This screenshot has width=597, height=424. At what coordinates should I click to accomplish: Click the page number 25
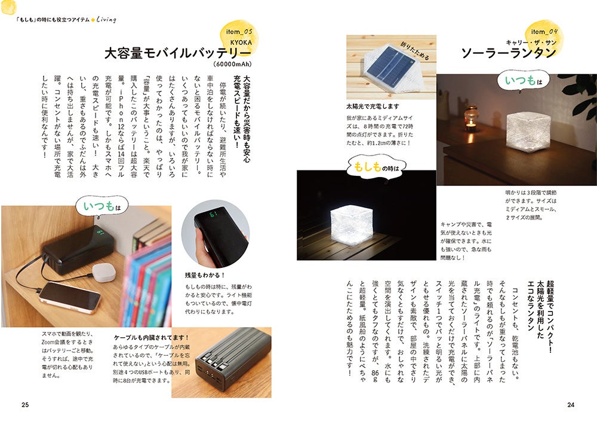click(25, 404)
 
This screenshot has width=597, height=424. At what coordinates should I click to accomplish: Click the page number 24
click(571, 404)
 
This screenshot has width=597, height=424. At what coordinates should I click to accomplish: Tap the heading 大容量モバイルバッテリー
click(178, 53)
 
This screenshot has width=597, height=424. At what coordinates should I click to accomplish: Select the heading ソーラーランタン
click(509, 53)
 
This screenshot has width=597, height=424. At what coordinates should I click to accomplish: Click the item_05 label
click(239, 32)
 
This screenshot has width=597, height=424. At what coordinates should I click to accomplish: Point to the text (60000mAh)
click(232, 64)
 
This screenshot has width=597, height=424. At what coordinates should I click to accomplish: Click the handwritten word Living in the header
click(106, 19)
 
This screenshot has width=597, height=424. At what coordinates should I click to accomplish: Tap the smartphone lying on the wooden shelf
click(70, 297)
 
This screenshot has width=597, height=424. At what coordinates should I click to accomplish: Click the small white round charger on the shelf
click(103, 272)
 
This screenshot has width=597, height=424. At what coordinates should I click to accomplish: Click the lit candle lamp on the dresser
click(472, 120)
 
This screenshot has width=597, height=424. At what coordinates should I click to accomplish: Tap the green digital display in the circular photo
click(213, 215)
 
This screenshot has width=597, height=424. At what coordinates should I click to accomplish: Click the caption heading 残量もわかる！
click(205, 275)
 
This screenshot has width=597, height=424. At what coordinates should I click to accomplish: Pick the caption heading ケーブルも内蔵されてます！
click(152, 337)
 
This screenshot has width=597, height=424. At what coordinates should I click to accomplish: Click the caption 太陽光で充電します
click(373, 106)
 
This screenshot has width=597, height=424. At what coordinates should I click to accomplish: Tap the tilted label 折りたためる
click(415, 51)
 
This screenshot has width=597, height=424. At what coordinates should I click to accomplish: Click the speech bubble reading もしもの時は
click(376, 167)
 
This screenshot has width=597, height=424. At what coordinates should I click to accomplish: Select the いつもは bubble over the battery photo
click(102, 206)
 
